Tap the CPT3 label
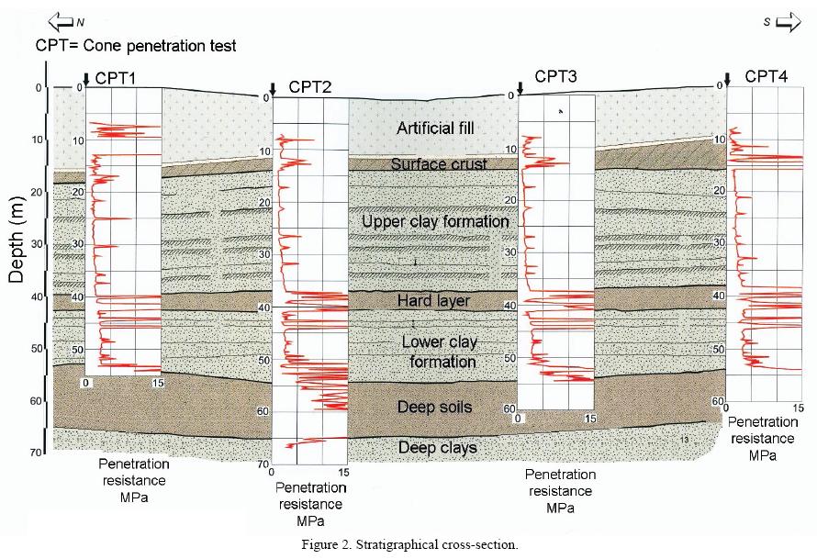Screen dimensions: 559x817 pyautogui.click(x=556, y=77)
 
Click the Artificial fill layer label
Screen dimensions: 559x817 pyautogui.click(x=435, y=128)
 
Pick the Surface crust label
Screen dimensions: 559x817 pyautogui.click(x=438, y=164)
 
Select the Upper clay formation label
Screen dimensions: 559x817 pyautogui.click(x=435, y=221)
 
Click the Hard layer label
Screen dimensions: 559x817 pyautogui.click(x=433, y=301)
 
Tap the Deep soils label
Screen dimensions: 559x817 pyautogui.click(x=434, y=407)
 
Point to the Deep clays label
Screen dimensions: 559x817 pyautogui.click(x=438, y=447)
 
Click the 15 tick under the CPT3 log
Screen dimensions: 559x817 pyautogui.click(x=590, y=419)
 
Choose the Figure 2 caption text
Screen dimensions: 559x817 pyautogui.click(x=409, y=544)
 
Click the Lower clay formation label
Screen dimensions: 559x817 pyautogui.click(x=439, y=352)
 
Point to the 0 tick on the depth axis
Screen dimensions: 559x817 pyautogui.click(x=38, y=88)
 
